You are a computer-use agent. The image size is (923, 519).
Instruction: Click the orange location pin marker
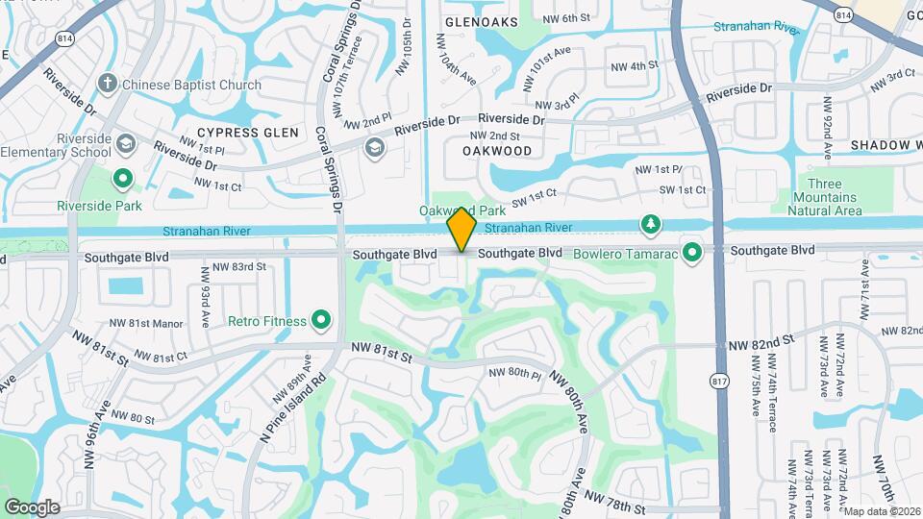click(462, 229)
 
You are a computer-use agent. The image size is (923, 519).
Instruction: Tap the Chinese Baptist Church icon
click(108, 85)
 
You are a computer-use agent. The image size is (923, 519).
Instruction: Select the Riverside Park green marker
click(123, 179)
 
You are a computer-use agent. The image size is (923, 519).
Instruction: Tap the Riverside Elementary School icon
click(125, 145)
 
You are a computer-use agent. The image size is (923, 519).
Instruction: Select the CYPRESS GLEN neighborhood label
click(247, 132)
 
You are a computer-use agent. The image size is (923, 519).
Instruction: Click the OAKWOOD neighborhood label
click(497, 151)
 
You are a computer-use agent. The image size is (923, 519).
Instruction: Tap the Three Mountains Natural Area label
click(833, 197)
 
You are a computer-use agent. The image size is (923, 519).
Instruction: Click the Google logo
click(32, 507)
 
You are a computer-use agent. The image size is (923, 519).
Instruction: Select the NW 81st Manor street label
click(146, 324)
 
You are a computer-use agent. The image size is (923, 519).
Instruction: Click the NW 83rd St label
click(238, 266)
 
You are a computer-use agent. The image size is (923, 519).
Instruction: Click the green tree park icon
click(651, 225)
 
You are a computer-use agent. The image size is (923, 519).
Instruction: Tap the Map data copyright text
click(883, 511)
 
